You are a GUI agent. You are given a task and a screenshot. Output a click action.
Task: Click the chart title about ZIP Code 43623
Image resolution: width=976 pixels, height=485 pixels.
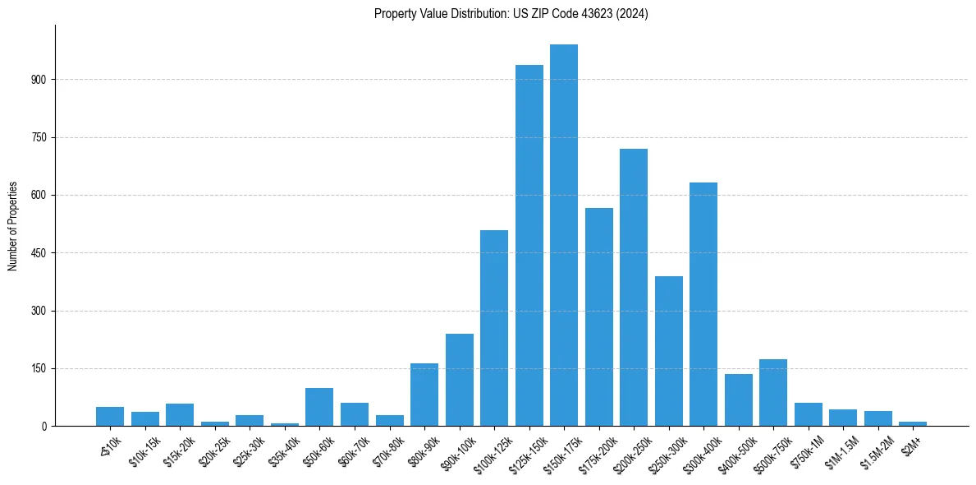tap(511, 14)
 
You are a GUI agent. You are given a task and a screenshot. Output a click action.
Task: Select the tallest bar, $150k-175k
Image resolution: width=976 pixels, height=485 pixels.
tap(564, 235)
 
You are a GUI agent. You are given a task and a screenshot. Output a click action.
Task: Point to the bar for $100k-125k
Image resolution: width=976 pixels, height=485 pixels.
tap(494, 328)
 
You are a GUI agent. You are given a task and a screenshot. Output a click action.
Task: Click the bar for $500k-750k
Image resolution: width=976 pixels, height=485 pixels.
tap(773, 392)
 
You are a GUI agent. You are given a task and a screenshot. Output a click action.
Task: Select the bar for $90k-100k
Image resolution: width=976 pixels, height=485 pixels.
tap(459, 380)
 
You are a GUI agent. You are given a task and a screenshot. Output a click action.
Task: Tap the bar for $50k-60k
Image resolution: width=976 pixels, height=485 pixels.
tap(319, 407)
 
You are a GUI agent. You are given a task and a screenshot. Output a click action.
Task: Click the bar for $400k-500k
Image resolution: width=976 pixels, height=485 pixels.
tap(738, 400)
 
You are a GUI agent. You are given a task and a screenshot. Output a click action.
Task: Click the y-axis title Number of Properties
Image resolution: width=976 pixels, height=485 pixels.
tap(13, 225)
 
